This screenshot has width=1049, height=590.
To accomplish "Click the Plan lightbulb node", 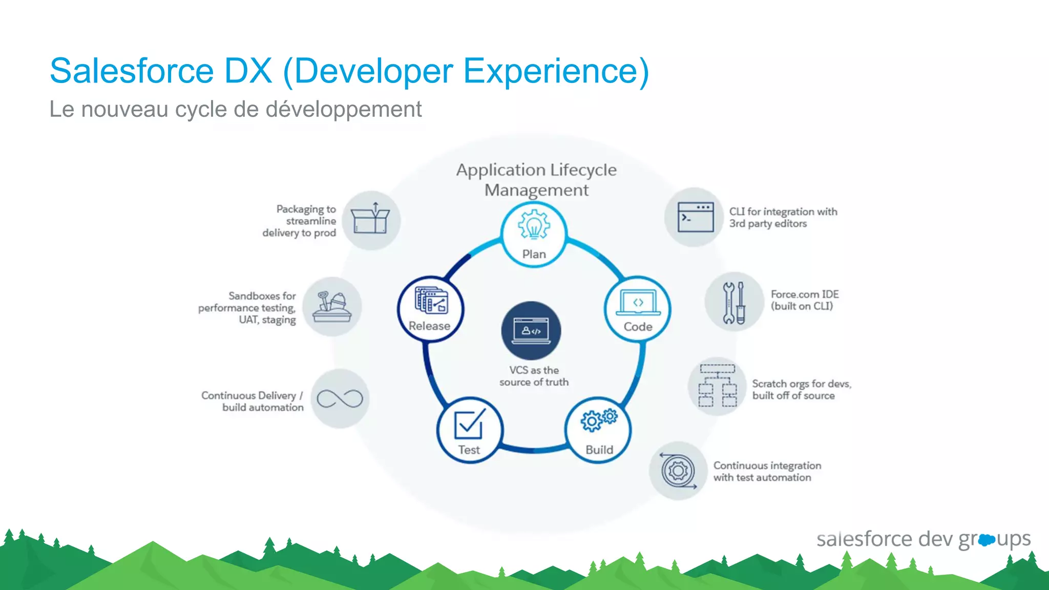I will coord(534,235).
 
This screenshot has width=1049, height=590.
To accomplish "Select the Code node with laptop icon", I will coord(638,309).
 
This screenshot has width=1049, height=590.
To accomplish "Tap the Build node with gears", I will coord(599,430).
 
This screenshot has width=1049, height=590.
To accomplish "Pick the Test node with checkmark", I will coord(469,431).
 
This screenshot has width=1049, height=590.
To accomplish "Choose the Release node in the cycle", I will coord(430,309).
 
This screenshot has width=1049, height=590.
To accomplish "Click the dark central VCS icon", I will coord(531,331).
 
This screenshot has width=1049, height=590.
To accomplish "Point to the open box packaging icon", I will coord(371,220).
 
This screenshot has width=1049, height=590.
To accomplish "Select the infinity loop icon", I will coord(340,398).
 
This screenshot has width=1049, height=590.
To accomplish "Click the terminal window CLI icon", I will coord(695,217).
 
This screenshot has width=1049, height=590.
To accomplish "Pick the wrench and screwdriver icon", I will coord(734,303).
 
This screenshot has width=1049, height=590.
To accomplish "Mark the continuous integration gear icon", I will coord(678,471).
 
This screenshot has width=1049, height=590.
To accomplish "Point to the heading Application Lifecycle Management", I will coord(536,180).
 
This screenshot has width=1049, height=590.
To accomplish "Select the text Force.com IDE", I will coord(804,294).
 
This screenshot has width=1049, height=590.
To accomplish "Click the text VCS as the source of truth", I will coord(534,376).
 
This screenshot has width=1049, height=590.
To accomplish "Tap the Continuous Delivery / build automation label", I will coord(252,402).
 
